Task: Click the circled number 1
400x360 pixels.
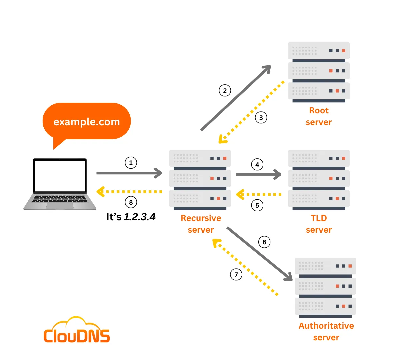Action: coord(131,163)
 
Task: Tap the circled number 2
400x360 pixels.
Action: coord(225,91)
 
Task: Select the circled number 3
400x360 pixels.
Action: coord(261,118)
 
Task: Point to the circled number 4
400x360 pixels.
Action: coord(257,165)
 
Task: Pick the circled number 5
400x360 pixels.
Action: coord(257,205)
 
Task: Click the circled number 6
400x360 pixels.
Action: coord(264,242)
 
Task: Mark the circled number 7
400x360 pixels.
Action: coord(236,275)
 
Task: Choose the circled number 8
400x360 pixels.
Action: coord(131,202)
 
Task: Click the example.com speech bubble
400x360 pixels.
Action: coord(87,122)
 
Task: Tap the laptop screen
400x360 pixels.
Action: coord(60,176)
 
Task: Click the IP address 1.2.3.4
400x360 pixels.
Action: coord(140,217)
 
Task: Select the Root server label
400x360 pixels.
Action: coord(319,116)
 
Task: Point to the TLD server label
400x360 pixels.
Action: coord(319,224)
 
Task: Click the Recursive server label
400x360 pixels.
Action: coord(201,224)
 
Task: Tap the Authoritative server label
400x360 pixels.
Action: coord(326,332)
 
